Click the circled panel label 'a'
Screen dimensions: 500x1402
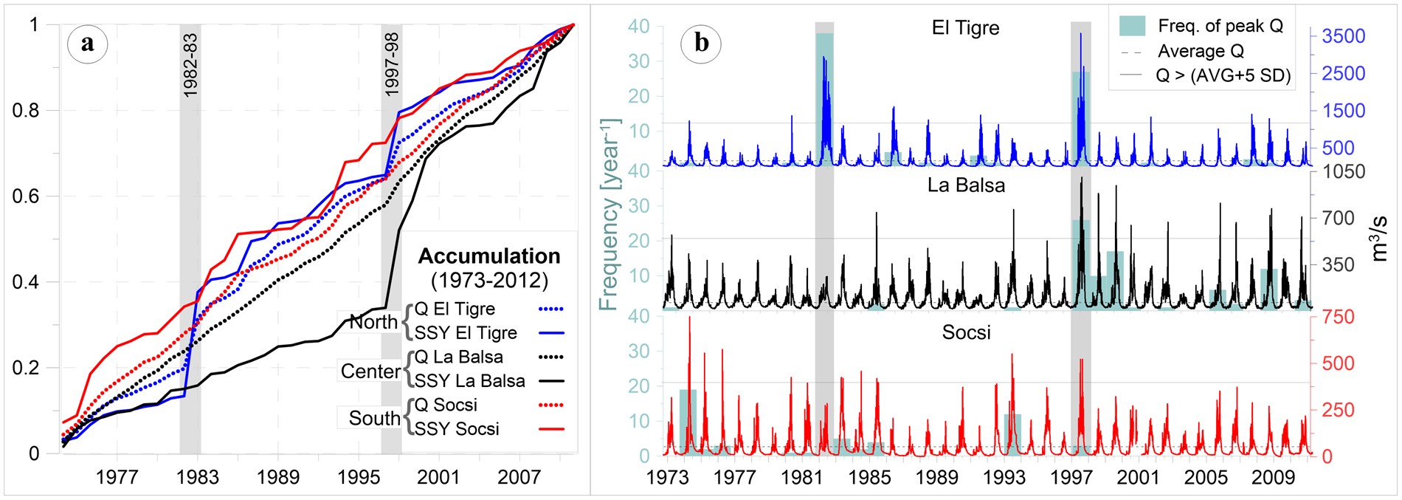click(88, 44)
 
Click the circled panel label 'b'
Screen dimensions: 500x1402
click(701, 44)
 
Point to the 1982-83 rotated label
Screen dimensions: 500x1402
click(190, 65)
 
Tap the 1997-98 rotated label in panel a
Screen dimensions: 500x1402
click(392, 64)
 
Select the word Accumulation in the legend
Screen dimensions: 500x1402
click(489, 256)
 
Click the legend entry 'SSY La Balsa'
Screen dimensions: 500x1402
click(469, 380)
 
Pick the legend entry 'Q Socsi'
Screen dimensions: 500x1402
click(445, 405)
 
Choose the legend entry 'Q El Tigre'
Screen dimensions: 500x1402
click(454, 309)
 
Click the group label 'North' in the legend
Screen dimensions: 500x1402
click(373, 322)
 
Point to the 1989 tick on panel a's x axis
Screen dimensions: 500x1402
click(278, 477)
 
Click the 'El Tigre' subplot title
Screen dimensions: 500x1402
click(965, 28)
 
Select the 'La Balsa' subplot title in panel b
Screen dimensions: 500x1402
click(966, 185)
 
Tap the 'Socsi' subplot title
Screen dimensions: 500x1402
click(966, 332)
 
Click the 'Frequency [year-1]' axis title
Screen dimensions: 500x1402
click(610, 214)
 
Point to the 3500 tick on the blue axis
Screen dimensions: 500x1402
click(1343, 36)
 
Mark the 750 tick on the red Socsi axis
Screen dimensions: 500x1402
click(1339, 317)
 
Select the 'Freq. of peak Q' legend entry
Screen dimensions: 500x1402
click(1220, 26)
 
